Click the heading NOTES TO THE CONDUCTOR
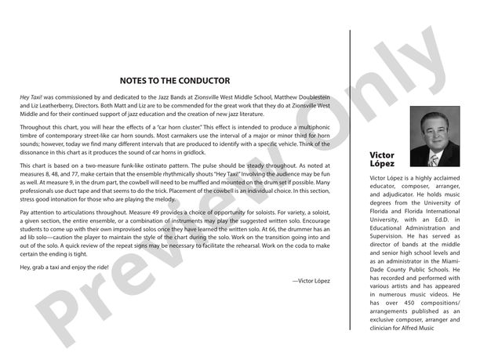click(175, 81)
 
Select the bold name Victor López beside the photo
click(382, 159)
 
